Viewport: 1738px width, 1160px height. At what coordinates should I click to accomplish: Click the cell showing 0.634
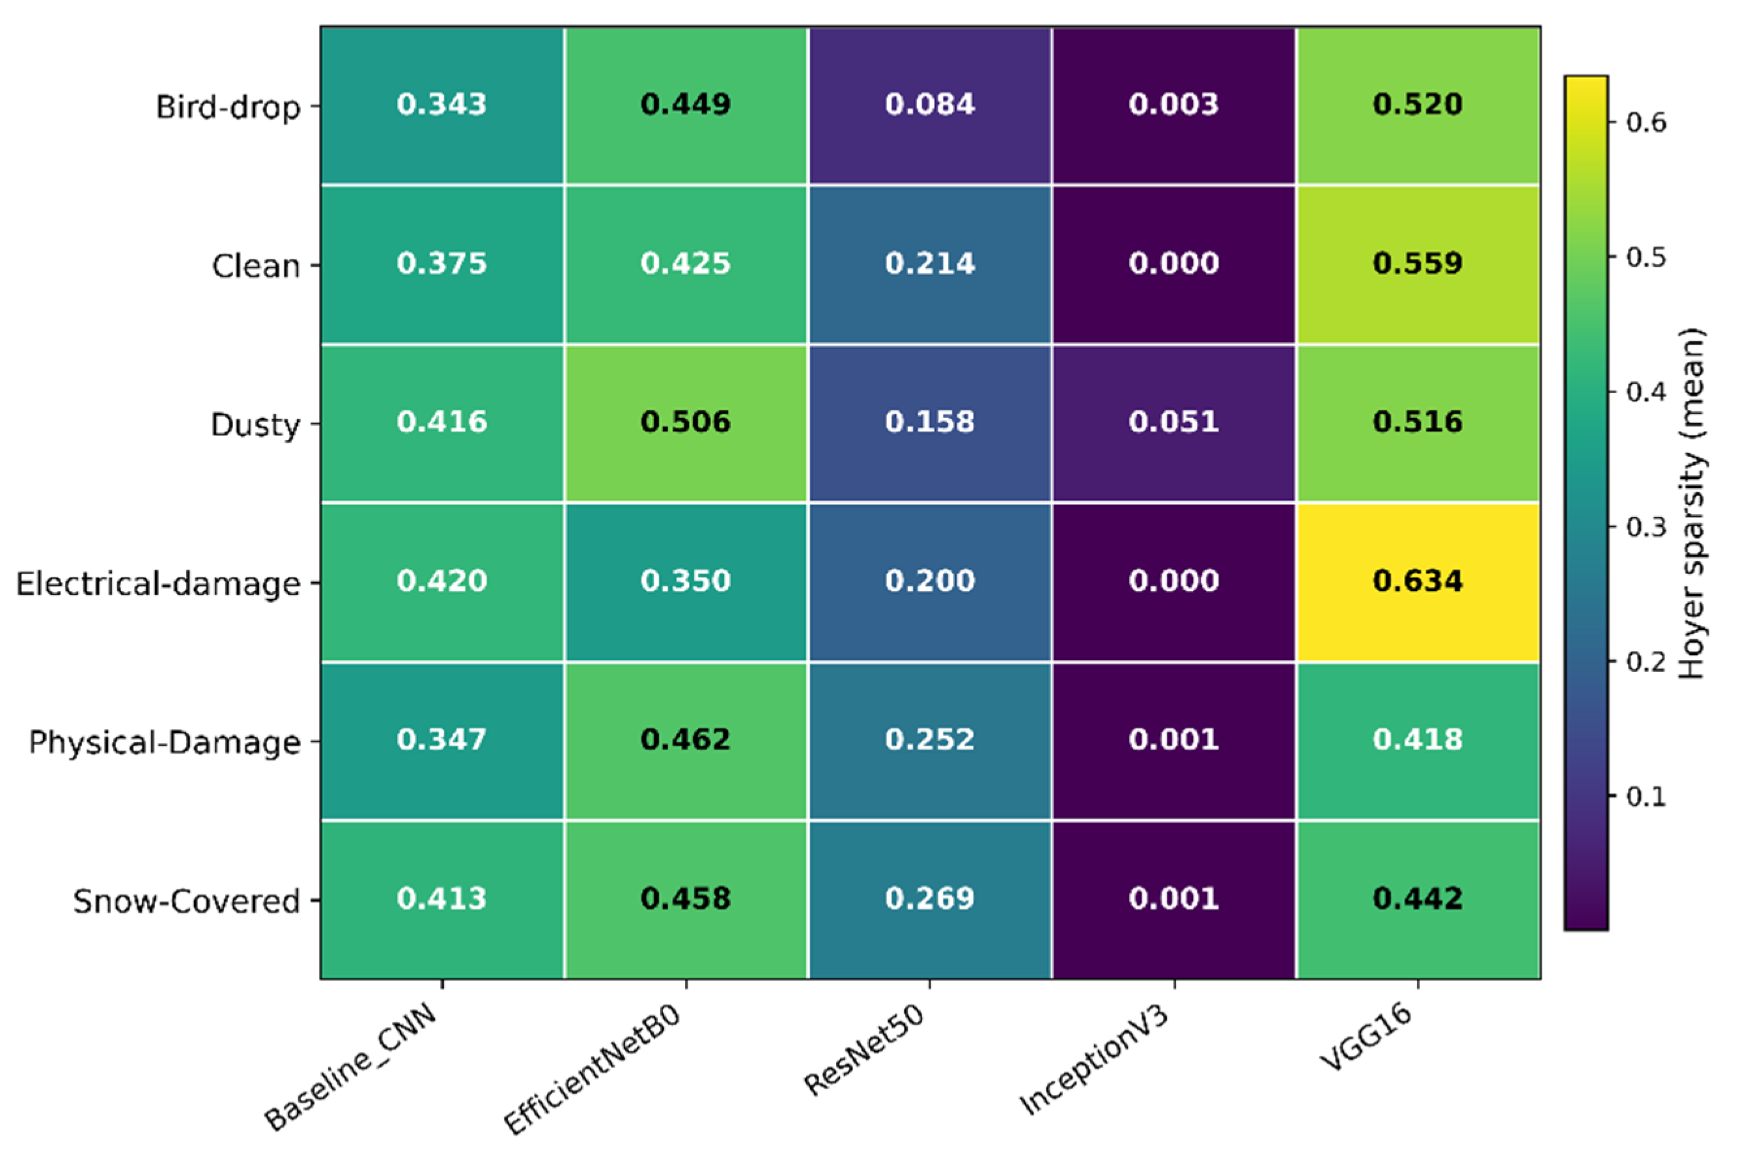pyautogui.click(x=1417, y=581)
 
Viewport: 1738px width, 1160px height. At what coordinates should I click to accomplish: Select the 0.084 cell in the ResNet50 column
pyautogui.click(x=929, y=104)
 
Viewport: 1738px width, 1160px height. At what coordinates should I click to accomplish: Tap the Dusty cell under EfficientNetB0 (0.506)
pyautogui.click(x=685, y=422)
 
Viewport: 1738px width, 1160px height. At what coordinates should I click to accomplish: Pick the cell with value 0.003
pyautogui.click(x=1173, y=104)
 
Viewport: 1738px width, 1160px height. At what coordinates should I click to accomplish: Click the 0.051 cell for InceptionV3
pyautogui.click(x=1173, y=422)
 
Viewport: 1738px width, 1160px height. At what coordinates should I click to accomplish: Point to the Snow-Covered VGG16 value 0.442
pyautogui.click(x=1417, y=899)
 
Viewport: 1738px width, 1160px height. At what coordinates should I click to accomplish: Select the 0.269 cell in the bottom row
pyautogui.click(x=929, y=899)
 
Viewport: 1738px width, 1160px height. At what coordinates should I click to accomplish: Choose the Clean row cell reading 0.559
pyautogui.click(x=1417, y=264)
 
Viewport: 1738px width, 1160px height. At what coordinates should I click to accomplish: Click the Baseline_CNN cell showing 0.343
pyautogui.click(x=442, y=104)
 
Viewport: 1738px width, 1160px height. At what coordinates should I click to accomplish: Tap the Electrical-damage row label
pyautogui.click(x=158, y=584)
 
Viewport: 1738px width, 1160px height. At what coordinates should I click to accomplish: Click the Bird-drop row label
pyautogui.click(x=228, y=107)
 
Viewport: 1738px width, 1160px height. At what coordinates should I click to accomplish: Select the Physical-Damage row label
pyautogui.click(x=164, y=742)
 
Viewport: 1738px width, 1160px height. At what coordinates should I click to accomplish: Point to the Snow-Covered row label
pyautogui.click(x=186, y=901)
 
